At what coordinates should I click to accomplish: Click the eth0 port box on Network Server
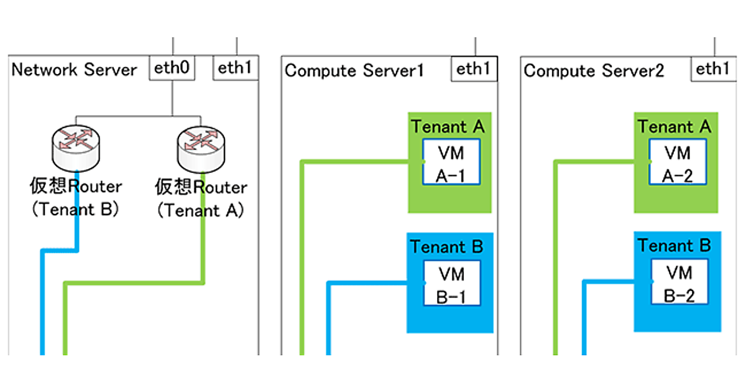[172, 68]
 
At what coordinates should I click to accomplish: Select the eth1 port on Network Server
[236, 68]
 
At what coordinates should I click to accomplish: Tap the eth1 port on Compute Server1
[474, 68]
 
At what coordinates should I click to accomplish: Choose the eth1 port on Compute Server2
[713, 68]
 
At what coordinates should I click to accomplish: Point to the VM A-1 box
[451, 162]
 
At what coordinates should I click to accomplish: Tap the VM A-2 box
[678, 162]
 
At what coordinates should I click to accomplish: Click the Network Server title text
[75, 69]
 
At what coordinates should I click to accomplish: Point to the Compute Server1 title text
[354, 70]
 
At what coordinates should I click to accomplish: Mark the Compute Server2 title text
[594, 70]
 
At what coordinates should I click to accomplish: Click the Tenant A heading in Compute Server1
[448, 126]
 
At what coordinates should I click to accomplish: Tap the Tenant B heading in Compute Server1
[448, 247]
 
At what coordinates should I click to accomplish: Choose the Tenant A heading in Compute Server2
[675, 126]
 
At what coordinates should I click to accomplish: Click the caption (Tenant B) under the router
[75, 209]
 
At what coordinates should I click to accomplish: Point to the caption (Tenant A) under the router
[200, 210]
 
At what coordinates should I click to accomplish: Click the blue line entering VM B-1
[373, 283]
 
